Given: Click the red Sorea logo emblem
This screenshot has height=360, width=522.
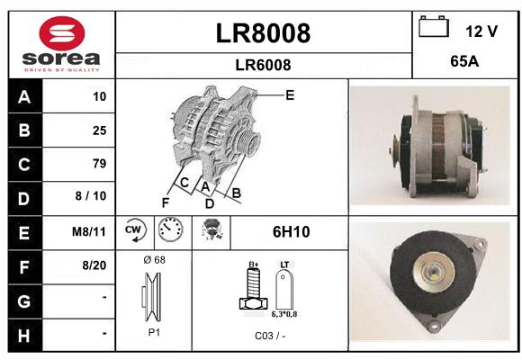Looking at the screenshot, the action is click(62, 33).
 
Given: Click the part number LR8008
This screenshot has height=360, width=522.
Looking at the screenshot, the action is click(263, 33).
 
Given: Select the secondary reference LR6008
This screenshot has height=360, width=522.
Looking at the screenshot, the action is click(263, 65).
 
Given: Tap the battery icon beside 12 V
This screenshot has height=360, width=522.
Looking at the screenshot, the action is click(434, 26).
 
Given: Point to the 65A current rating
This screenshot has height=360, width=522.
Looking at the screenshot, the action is click(464, 61).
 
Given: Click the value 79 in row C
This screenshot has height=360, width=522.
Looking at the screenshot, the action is click(100, 164).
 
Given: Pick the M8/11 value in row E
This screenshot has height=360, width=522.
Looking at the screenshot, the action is click(89, 231).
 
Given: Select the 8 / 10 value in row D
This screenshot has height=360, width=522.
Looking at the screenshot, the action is click(91, 196).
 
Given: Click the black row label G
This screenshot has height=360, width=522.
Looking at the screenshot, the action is click(25, 301).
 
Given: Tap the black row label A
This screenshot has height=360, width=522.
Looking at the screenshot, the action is click(25, 97).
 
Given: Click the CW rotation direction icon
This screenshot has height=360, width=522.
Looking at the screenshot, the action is click(135, 229).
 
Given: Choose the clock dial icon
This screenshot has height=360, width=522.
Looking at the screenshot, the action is click(170, 229).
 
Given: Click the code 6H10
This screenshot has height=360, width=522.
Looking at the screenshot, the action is click(291, 232).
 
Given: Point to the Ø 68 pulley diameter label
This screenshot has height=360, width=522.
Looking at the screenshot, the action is click(155, 260).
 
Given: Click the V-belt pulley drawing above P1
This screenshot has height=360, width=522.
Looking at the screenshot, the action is click(152, 297).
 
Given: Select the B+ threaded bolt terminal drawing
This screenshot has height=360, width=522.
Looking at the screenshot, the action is click(253, 287).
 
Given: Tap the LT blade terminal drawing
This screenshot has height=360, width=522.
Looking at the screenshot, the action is click(284, 289).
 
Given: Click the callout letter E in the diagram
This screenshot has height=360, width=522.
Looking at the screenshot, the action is click(290, 95).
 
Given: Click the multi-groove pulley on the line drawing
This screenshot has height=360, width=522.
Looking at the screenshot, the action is click(248, 141).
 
